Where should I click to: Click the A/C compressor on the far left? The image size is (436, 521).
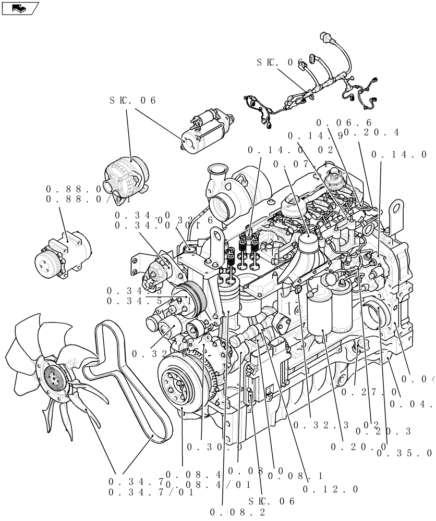tap(62, 256)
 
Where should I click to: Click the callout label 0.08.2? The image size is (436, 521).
tap(238, 512)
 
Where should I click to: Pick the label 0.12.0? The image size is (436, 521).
tap(331, 489)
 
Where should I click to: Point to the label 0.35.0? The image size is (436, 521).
tap(404, 453)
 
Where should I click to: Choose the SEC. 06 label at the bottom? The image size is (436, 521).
tap(272, 501)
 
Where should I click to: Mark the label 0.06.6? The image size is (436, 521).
tap(344, 122)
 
